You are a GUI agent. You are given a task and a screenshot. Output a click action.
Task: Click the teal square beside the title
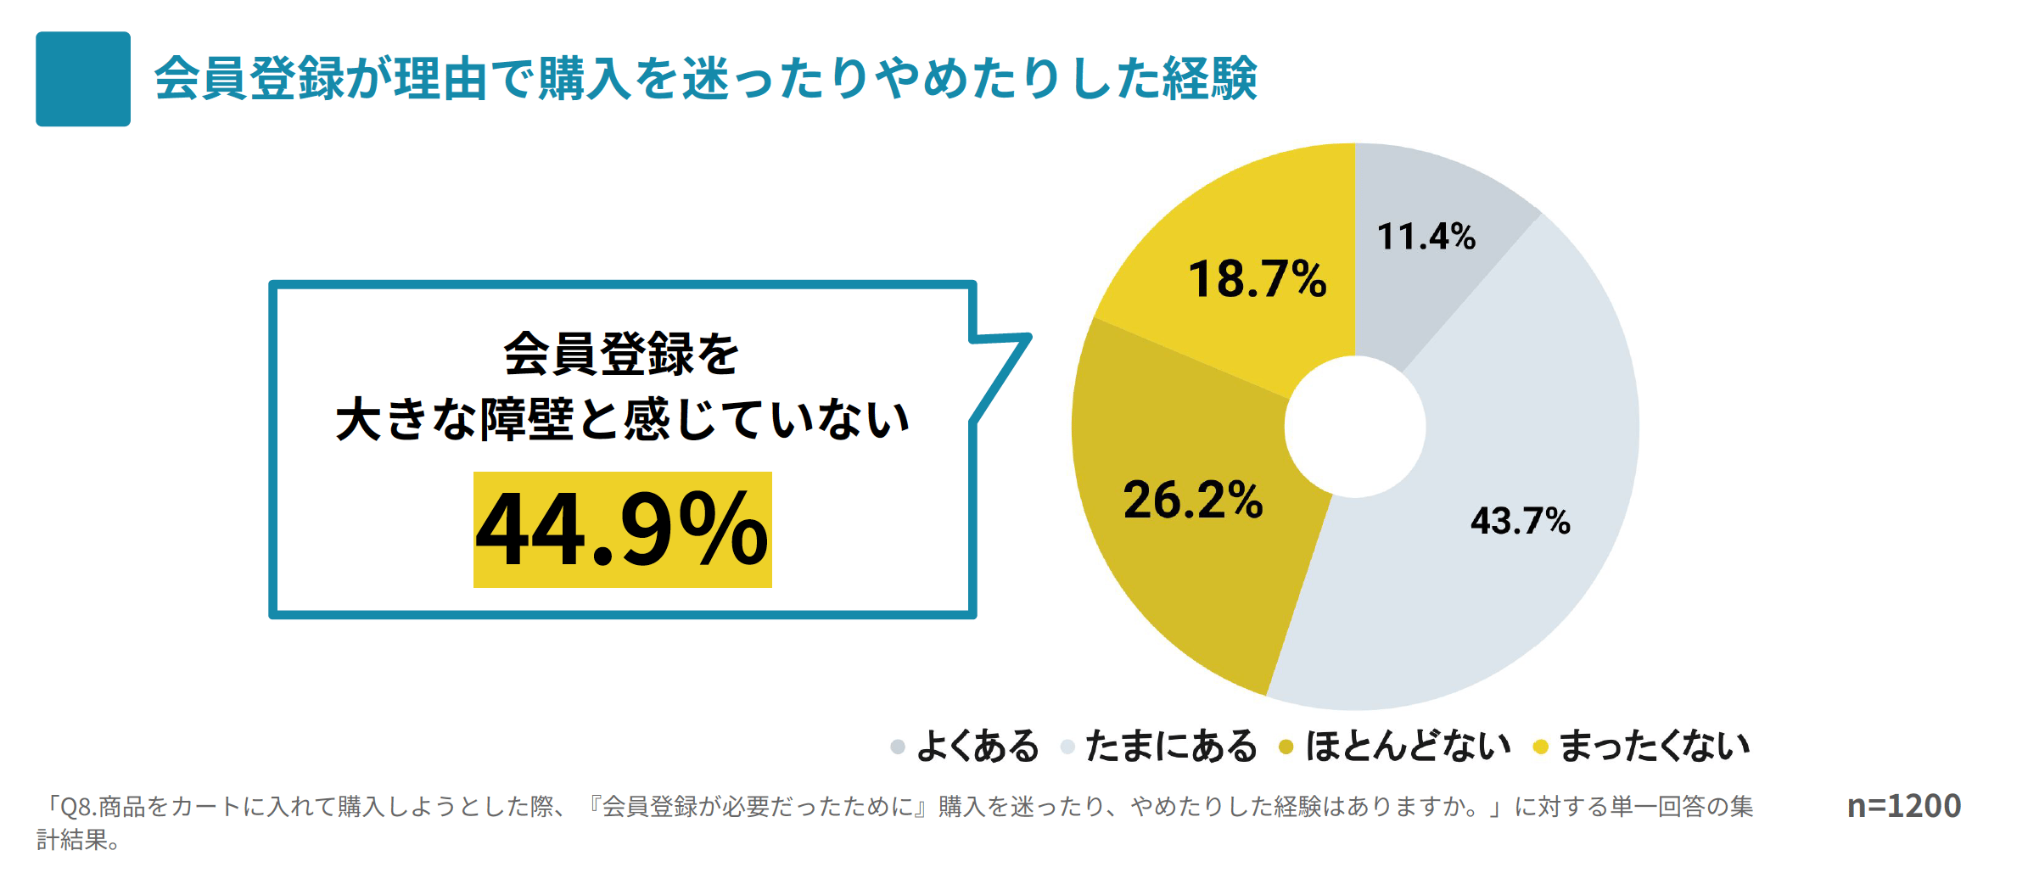coord(83,79)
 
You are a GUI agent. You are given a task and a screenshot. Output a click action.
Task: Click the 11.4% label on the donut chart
coord(1426,237)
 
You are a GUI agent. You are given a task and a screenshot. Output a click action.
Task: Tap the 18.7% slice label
coord(1257,279)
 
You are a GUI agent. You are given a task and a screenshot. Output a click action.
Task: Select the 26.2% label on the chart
coord(1192,500)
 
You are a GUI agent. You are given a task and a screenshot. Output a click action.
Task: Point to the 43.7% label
coord(1520,521)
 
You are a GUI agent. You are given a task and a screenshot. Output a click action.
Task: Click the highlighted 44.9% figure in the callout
coord(622,529)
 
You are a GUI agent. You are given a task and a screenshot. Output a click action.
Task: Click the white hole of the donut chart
coord(1354,427)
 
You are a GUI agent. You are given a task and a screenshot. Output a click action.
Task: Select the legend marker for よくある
coord(897,747)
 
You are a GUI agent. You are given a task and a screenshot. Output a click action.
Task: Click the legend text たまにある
coord(1171,747)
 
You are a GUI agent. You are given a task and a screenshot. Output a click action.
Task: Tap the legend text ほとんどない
coord(1408,747)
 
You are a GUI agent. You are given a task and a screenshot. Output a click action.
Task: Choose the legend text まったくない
coord(1655,747)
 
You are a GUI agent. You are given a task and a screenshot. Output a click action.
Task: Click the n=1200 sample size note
coord(1903,806)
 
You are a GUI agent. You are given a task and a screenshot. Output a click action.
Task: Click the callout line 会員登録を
coord(621,354)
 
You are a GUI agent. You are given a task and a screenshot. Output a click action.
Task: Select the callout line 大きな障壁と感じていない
coord(622,419)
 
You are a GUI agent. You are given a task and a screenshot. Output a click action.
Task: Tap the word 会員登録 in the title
coord(249,79)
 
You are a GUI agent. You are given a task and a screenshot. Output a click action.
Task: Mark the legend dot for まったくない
coord(1540,747)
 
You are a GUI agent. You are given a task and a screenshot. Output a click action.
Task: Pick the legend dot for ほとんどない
coord(1286,747)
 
